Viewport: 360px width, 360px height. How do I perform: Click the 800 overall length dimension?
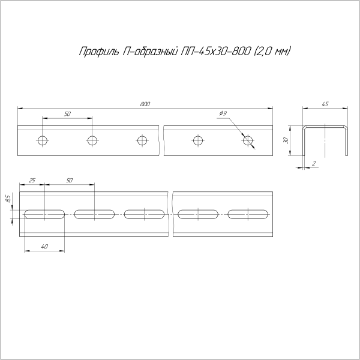pos(145,104)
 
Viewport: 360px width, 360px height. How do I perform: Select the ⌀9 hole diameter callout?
pos(223,113)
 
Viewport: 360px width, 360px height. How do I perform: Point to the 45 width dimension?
pos(325,104)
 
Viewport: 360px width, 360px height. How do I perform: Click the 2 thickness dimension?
pos(314,163)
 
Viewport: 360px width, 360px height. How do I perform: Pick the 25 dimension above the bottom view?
pos(32,180)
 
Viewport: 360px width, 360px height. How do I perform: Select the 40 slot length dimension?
pos(45,247)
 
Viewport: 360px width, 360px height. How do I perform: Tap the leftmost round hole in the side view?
pos(42,141)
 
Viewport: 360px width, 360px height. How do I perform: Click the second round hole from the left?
pos(92,141)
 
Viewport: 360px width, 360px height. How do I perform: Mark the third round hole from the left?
pos(142,141)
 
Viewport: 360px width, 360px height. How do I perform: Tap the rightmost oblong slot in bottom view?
pos(250,214)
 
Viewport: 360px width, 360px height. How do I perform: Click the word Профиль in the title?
pos(97,52)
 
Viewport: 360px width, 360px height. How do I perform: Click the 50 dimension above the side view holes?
pos(67,113)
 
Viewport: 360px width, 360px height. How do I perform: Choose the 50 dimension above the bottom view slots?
pos(70,180)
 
